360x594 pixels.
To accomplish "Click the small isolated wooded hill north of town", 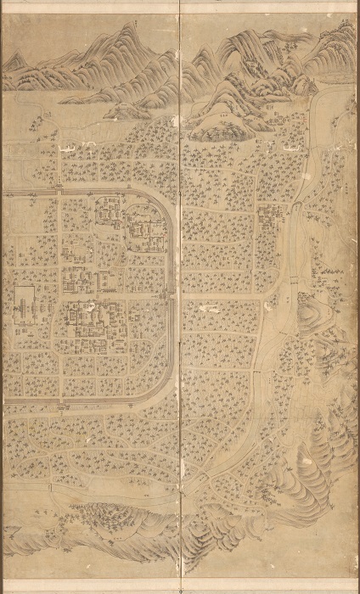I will pos(216,123).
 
